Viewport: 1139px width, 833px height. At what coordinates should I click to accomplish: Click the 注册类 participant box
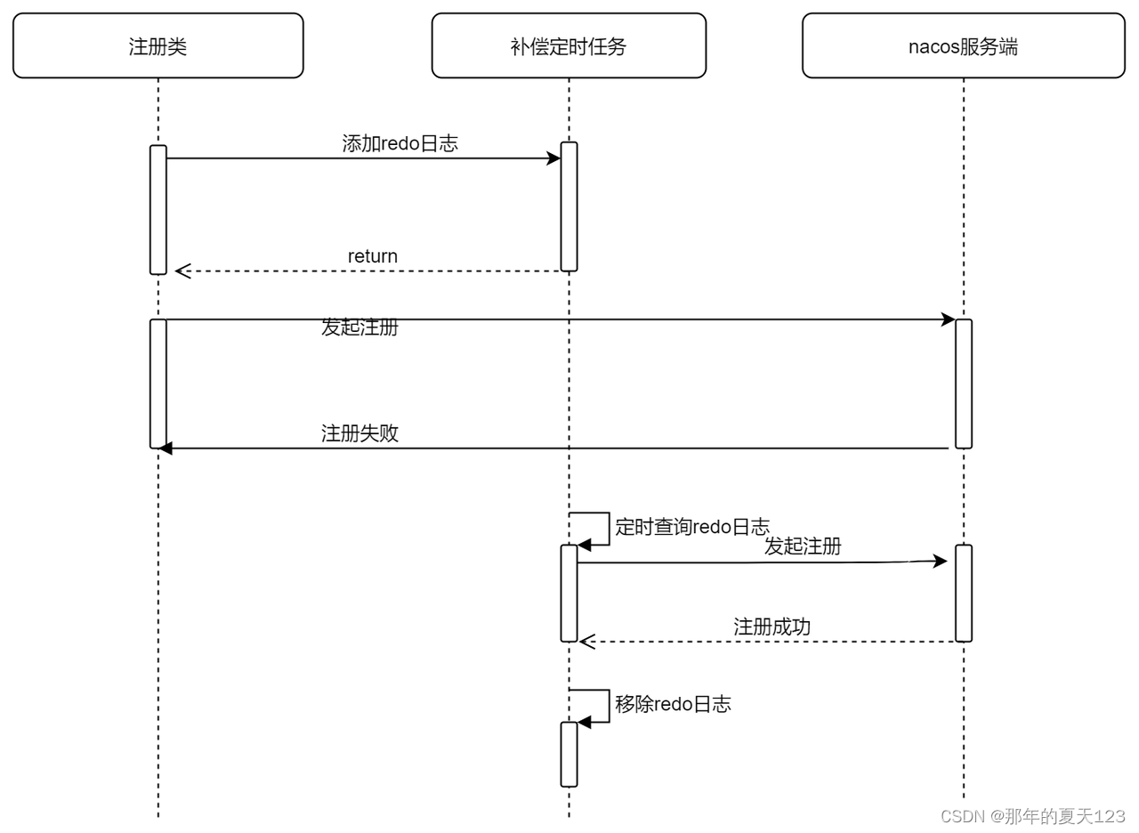point(158,46)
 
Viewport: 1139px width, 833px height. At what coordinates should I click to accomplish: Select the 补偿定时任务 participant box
point(569,46)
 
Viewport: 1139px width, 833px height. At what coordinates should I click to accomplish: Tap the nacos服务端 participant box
point(963,46)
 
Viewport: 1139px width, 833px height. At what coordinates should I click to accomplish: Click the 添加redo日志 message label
point(400,143)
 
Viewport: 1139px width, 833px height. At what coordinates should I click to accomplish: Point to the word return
point(372,256)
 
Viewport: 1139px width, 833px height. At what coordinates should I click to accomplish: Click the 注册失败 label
point(359,433)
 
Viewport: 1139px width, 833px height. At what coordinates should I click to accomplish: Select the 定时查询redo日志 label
point(692,526)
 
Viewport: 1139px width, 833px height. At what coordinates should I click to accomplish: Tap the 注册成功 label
point(771,627)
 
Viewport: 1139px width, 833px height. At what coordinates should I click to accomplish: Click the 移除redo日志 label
point(673,704)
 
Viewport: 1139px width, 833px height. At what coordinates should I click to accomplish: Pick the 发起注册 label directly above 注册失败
point(359,328)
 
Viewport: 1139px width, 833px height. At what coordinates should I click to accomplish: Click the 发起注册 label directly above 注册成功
point(803,546)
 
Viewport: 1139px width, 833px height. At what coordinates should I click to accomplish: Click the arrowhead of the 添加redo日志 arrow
point(553,158)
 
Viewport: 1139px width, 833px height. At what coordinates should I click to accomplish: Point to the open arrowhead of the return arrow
point(182,271)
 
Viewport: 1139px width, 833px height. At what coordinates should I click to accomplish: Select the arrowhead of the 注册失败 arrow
point(165,448)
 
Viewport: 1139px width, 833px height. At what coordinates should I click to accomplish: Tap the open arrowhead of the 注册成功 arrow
point(586,641)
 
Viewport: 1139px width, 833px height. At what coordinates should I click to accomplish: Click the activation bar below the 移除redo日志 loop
point(569,754)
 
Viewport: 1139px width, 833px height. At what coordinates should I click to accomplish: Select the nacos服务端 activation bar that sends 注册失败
point(963,384)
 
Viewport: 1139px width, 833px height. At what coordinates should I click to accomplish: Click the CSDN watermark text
point(1032,816)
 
